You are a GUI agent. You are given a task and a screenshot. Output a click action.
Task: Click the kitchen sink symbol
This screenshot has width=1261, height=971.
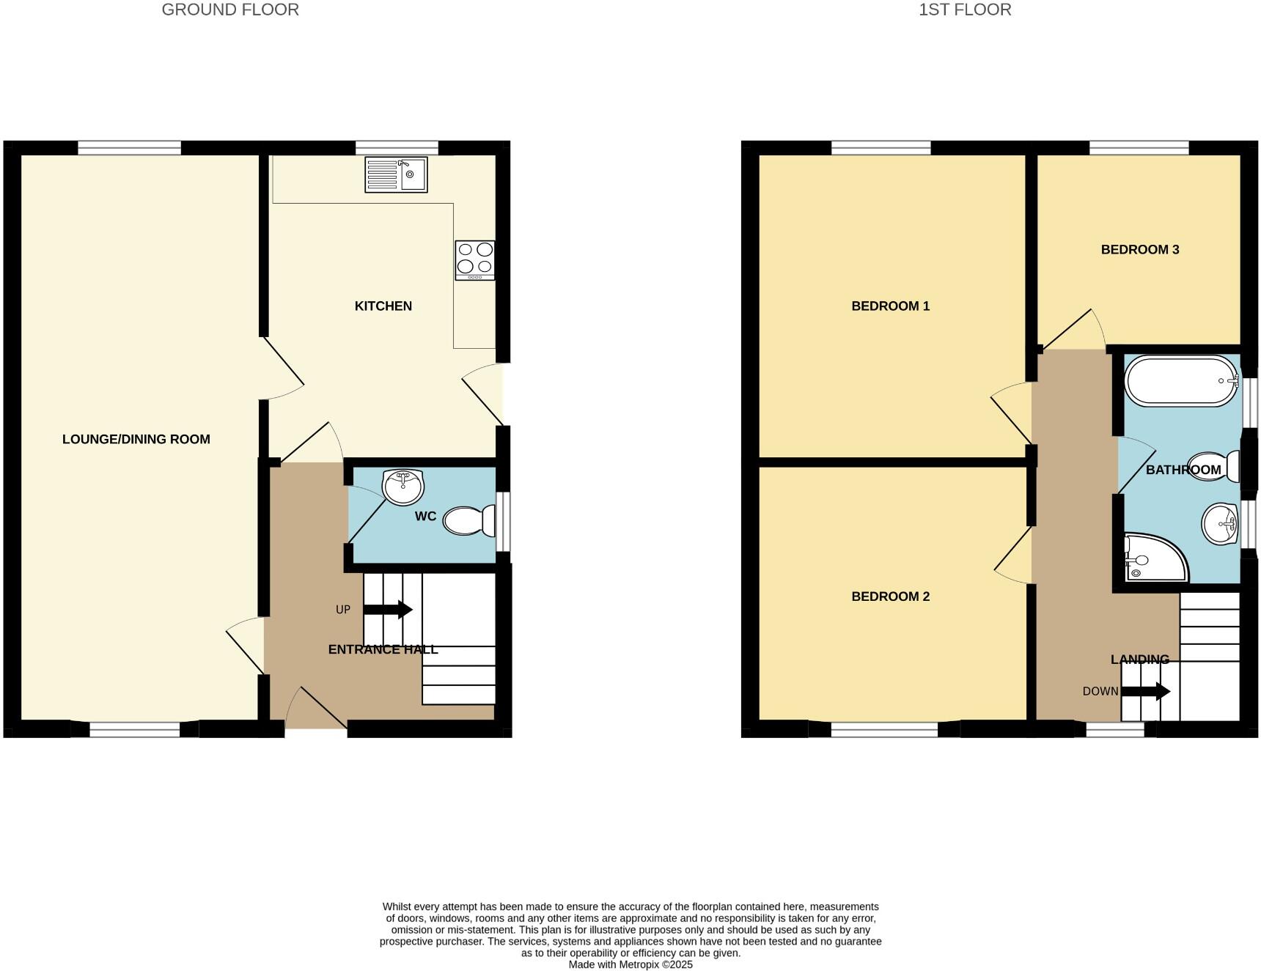click(396, 175)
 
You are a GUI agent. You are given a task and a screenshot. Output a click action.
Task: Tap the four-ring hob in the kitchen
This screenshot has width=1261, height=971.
click(474, 260)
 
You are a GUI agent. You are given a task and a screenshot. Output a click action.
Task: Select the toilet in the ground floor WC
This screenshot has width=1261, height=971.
click(469, 521)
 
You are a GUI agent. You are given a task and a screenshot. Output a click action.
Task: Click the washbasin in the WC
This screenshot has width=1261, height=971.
click(403, 487)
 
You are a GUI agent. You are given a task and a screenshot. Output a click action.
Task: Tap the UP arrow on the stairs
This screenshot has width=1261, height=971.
click(388, 610)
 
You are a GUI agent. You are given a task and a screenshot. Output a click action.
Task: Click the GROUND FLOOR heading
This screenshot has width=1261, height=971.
click(230, 10)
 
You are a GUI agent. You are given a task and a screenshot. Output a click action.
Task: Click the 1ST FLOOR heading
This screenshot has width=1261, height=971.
click(965, 10)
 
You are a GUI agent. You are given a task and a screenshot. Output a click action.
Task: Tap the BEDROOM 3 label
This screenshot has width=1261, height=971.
click(1139, 250)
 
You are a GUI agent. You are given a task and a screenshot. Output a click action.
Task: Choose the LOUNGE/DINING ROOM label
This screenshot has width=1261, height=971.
click(136, 440)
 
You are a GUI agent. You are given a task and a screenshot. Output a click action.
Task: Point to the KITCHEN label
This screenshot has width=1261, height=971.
click(383, 306)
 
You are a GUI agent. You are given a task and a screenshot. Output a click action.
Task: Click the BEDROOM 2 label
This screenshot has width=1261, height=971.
click(890, 597)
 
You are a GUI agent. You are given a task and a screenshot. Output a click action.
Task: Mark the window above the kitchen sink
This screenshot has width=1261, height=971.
click(397, 148)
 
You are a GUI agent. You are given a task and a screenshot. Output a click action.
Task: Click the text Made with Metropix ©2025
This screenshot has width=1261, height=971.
click(630, 964)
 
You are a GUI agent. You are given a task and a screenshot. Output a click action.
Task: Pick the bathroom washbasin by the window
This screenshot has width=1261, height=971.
click(1219, 525)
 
